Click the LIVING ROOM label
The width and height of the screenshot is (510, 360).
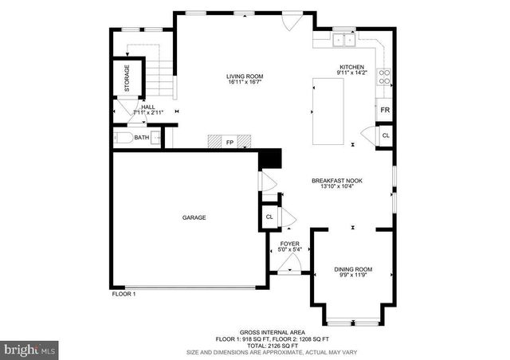[x=245, y=76]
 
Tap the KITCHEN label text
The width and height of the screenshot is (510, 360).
[x=351, y=67]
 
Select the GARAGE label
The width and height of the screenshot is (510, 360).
[x=194, y=217]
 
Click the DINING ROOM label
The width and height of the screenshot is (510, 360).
[x=352, y=269]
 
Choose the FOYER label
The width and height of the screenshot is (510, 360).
[x=288, y=245]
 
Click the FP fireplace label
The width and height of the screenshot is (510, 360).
[x=229, y=143]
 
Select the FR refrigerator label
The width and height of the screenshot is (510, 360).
[x=384, y=110]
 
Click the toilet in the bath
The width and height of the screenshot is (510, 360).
[x=123, y=138]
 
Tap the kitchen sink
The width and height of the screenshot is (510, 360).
[x=345, y=38]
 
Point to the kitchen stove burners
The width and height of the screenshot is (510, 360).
[x=384, y=77]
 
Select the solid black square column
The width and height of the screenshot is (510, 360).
[x=272, y=158]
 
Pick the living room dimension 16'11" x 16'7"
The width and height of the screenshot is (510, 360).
[x=245, y=83]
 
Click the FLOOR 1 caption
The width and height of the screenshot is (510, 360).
[x=124, y=294]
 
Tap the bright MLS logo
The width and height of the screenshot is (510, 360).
[x=30, y=349]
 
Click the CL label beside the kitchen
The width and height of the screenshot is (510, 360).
[x=386, y=135]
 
